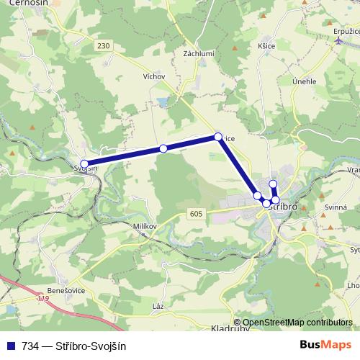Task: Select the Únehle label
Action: [x=305, y=81]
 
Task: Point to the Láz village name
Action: [x=158, y=306]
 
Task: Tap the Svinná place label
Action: [x=336, y=207]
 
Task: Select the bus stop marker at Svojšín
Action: [x=84, y=164]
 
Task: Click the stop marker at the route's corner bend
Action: [x=218, y=136]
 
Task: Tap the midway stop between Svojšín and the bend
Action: [x=163, y=148]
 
